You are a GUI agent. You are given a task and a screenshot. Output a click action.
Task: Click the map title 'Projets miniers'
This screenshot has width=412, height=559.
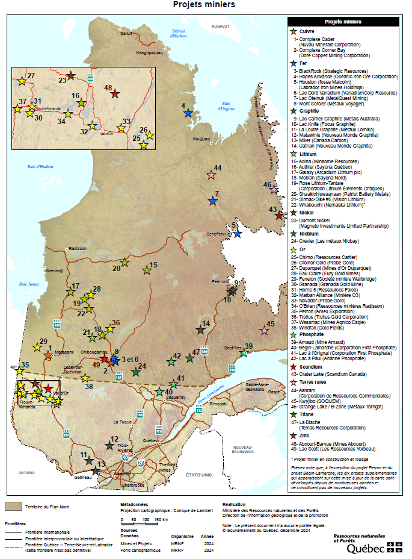click(x=204, y=5)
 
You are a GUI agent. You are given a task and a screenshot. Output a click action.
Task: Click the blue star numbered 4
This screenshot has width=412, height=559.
click(x=188, y=113)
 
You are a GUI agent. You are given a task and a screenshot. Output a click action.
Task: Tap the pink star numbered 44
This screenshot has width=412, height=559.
click(x=211, y=175)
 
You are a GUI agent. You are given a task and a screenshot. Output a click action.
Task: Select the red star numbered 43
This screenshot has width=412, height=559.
click(x=279, y=215)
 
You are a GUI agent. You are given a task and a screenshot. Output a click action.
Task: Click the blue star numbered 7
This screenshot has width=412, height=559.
click(x=212, y=201)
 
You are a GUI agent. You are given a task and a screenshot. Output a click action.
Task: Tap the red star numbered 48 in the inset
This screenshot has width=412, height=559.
click(x=115, y=93)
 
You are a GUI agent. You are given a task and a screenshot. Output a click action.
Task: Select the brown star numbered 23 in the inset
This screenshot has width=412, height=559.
click(x=70, y=76)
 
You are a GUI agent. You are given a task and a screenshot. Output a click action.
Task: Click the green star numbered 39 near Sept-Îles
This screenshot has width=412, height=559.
click(x=243, y=353)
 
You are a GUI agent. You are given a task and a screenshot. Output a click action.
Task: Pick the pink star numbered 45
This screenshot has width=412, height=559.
click(x=264, y=331)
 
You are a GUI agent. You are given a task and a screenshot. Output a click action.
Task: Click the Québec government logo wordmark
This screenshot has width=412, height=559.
click(x=367, y=549)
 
